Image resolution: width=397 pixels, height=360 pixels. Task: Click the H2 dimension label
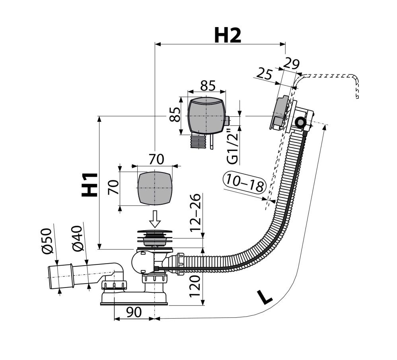228,35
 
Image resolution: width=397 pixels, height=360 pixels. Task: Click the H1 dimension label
90,184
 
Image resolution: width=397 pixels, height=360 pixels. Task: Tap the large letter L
265,297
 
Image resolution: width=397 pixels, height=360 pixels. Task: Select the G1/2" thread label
232,147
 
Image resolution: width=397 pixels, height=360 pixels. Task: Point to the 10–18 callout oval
245,182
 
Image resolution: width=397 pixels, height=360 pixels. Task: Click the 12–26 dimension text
195,212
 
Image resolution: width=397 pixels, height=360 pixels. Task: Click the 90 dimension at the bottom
134,312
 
